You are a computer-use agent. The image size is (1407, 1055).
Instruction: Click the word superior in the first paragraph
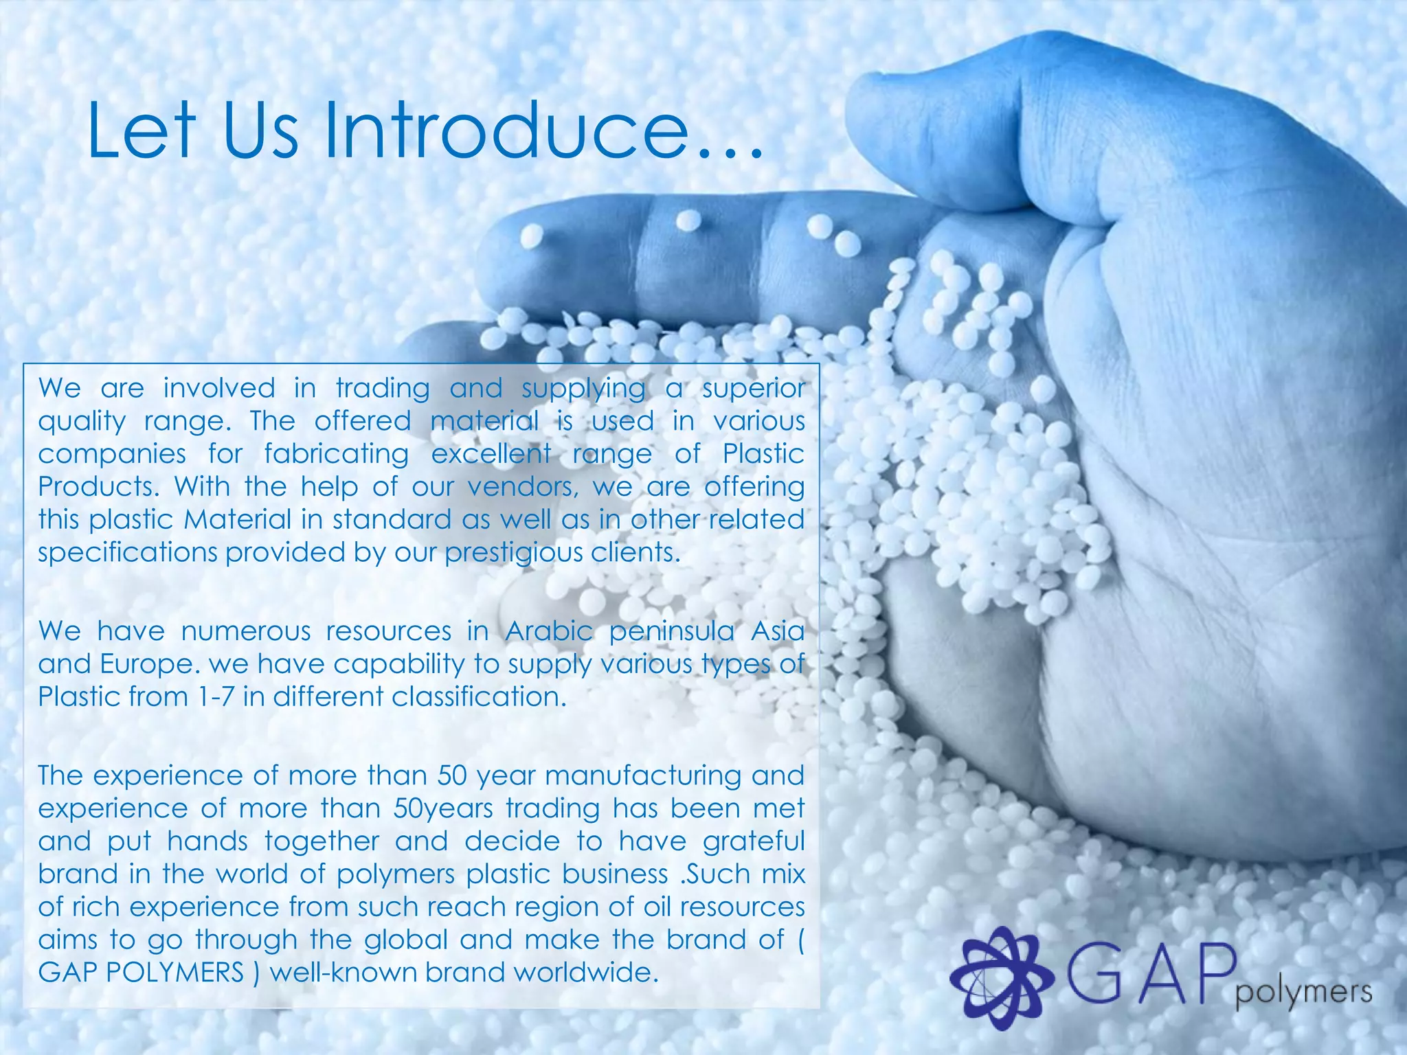753,389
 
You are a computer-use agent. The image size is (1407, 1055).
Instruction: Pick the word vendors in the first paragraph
520,487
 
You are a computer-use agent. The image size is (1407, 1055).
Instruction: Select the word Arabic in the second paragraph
548,631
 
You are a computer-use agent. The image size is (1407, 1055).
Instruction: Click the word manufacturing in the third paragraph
643,775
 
